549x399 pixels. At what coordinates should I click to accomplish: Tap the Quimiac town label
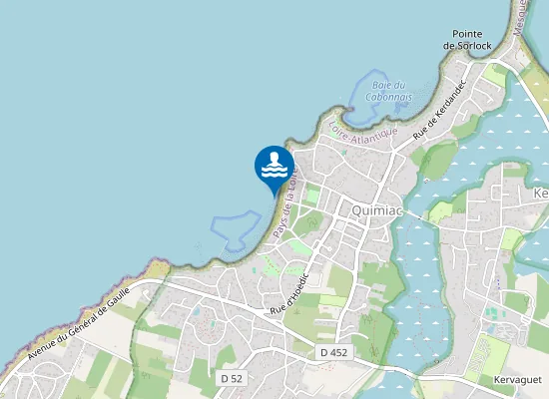[x=376, y=210]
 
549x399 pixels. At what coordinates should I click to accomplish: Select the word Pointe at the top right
[x=467, y=33]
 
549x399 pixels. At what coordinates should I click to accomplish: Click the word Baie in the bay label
[x=378, y=85]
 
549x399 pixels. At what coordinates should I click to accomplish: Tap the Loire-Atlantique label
[x=362, y=131]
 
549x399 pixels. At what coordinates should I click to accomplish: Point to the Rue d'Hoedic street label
[x=292, y=291]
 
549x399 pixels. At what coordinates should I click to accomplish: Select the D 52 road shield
[x=231, y=378]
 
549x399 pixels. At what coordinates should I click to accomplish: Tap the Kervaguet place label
[x=516, y=380]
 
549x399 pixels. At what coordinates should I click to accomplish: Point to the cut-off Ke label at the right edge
[x=541, y=193]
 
